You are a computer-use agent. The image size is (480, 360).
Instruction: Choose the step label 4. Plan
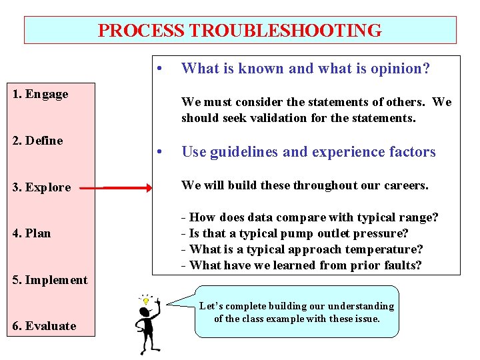coord(32,233)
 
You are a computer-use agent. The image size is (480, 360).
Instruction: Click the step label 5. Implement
coord(50,280)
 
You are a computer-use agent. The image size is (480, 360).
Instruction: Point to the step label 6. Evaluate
coord(45,326)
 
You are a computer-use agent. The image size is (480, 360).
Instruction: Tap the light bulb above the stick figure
coord(146,301)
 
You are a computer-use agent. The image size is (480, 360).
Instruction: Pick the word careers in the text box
coord(404,185)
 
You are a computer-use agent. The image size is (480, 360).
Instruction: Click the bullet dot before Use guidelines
coord(159,152)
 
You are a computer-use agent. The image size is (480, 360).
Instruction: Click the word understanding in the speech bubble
coord(361,306)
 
